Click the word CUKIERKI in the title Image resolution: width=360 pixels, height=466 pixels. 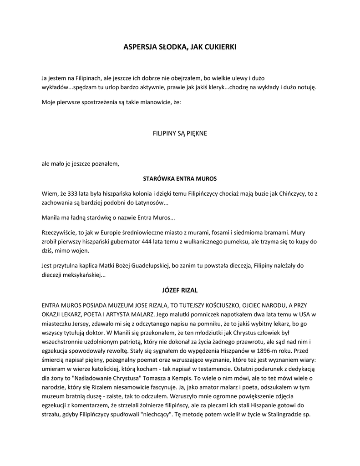point(221,46)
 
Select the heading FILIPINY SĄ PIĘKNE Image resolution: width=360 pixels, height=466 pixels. point(180,133)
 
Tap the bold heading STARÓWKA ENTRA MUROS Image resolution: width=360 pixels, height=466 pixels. point(180,178)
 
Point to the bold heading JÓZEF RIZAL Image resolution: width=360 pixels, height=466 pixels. point(180,289)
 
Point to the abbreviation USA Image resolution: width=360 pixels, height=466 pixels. point(304,314)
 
